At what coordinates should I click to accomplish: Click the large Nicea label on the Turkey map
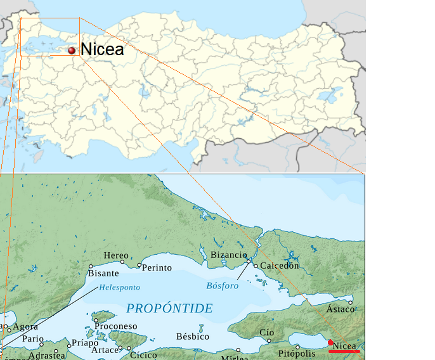tap(101, 49)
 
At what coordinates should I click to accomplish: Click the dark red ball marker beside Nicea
tap(72, 50)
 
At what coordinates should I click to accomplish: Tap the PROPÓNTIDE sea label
tap(169, 309)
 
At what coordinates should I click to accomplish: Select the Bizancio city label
tap(228, 255)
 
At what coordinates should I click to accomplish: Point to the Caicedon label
tap(280, 266)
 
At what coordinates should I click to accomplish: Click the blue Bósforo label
tap(223, 286)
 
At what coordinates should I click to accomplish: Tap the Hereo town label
tap(115, 255)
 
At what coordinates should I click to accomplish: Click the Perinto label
tap(157, 267)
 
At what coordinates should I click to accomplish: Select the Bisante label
tap(103, 273)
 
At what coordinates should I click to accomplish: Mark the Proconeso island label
tap(115, 326)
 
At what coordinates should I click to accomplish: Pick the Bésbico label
tap(193, 337)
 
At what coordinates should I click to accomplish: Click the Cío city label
tap(266, 333)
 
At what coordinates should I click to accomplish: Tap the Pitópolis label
tap(296, 353)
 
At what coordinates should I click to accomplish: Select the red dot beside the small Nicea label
tap(330, 343)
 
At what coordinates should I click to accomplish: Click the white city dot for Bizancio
tap(249, 260)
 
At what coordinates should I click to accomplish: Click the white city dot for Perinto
tap(140, 265)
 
